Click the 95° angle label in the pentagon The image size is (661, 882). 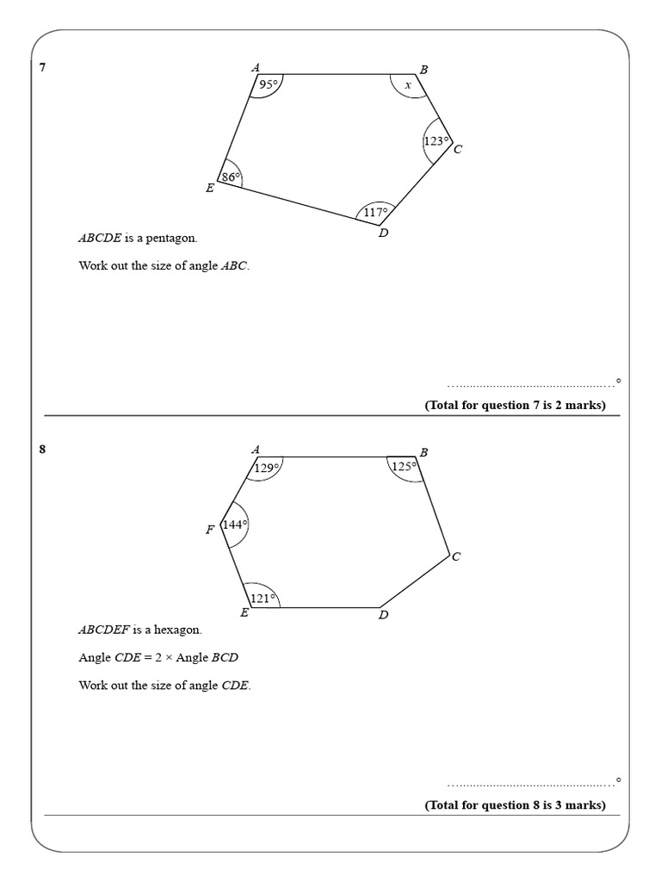pos(270,84)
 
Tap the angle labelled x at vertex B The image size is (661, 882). pos(408,85)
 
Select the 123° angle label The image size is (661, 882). pos(436,141)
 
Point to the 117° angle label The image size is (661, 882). pos(375,211)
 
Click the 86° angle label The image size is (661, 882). pos(230,177)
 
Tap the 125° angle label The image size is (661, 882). pos(404,466)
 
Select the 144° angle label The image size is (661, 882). pos(235,524)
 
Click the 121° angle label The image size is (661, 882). pos(263,598)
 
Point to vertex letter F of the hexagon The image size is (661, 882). pos(209,531)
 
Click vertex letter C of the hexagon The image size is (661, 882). pos(456,557)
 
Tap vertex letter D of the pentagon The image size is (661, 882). pos(383,233)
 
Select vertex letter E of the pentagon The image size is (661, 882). pos(209,188)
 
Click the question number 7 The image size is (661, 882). pos(43,67)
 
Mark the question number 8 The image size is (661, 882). pos(43,449)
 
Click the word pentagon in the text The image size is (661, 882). pos(179,238)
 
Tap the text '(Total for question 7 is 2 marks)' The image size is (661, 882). pos(515,406)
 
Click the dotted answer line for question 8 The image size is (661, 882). pos(529,784)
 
